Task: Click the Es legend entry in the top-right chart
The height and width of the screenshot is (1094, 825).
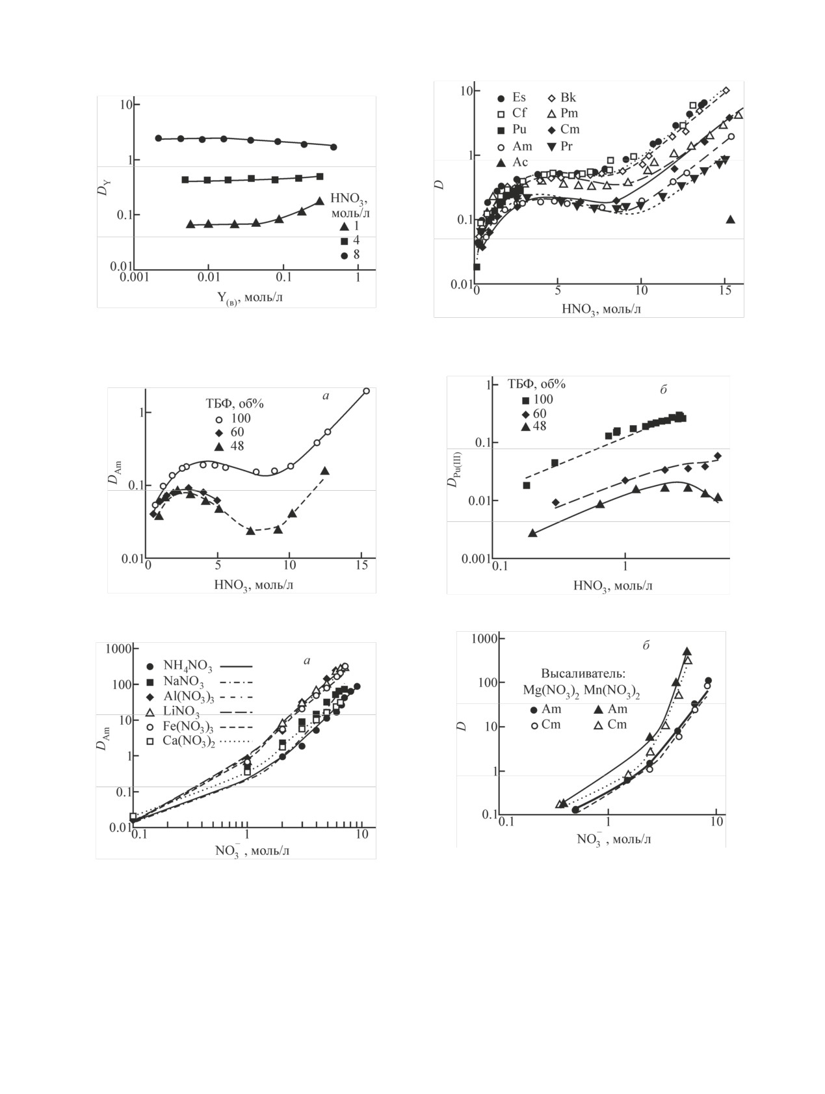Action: pos(518,98)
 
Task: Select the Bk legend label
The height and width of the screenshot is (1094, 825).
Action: pos(568,98)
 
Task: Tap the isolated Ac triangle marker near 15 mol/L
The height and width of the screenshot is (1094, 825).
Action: pos(730,220)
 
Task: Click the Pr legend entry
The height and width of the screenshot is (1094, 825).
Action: pos(566,146)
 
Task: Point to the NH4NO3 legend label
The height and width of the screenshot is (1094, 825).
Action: pos(183,666)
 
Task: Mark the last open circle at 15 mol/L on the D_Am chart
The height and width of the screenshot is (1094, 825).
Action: pos(367,391)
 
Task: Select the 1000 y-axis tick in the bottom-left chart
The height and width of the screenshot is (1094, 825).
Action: pos(120,649)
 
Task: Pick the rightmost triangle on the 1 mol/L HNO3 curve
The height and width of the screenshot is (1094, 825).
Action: pos(319,202)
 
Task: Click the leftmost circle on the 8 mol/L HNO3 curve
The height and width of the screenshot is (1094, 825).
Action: pos(159,138)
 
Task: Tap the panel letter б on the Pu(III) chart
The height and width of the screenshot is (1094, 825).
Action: pos(663,390)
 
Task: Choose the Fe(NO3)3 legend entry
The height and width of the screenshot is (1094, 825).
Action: pos(184,726)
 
